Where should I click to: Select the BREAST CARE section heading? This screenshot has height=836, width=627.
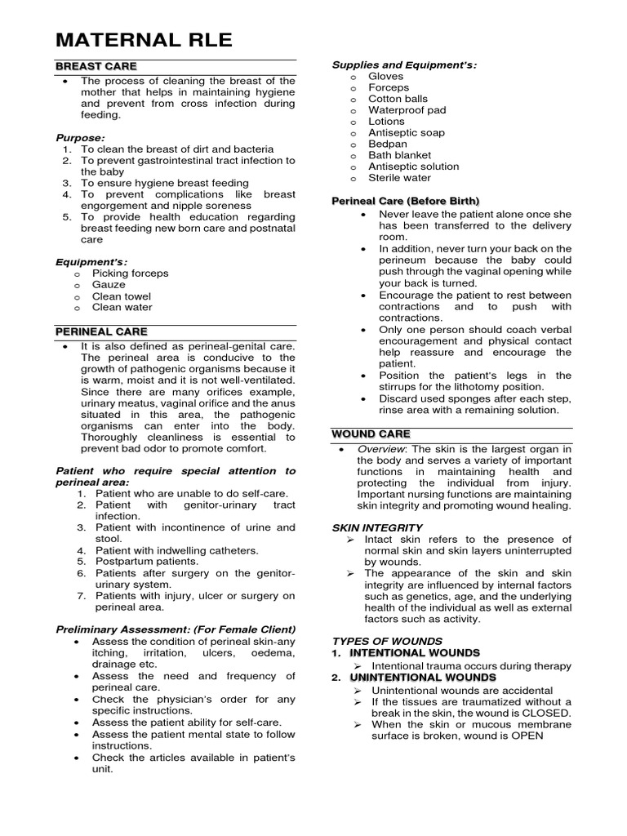point(96,66)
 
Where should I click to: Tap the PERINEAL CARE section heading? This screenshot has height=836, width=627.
point(101,331)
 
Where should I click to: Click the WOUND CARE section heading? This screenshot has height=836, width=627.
point(370,434)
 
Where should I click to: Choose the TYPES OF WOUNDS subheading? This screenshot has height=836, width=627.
point(387,641)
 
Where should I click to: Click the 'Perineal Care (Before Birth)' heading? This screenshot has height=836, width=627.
point(405,201)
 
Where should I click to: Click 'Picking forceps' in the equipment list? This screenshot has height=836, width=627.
point(130,273)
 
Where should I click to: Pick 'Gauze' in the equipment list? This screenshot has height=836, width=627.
point(109,285)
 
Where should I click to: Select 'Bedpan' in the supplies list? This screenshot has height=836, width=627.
point(388,144)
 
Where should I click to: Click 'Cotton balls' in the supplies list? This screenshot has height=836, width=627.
point(398,99)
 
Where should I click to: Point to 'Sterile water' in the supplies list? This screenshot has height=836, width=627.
point(399,177)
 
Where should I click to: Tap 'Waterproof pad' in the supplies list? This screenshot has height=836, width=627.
point(405,110)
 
